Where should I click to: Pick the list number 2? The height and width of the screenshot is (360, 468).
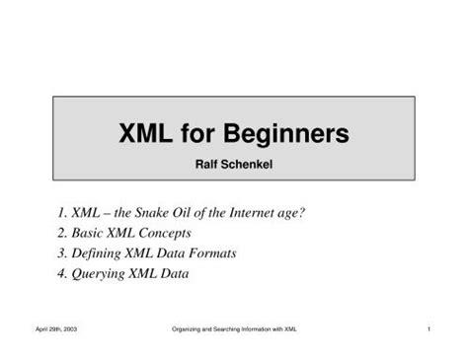click(x=62, y=233)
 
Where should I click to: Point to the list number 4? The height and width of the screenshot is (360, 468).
click(x=62, y=274)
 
